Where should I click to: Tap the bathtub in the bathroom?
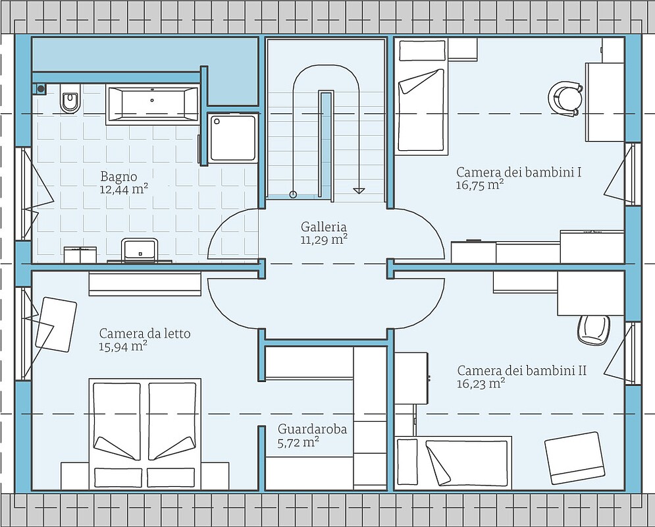(x=152, y=105)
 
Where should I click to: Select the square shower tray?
(x=232, y=138)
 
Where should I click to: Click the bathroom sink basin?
(x=140, y=250)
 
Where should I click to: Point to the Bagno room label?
(x=118, y=177)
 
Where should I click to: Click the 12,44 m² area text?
(x=124, y=190)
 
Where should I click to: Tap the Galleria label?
(x=324, y=227)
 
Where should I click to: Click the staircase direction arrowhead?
(x=358, y=190)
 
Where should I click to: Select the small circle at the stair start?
(x=293, y=194)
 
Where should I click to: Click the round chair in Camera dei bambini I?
(x=565, y=97)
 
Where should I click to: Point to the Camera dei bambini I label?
(x=519, y=172)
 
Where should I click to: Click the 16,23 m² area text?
(x=481, y=383)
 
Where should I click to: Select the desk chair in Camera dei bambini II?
(x=594, y=329)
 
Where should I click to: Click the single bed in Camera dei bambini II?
(x=454, y=462)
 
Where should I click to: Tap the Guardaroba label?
(x=312, y=430)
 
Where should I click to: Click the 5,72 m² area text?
(x=299, y=442)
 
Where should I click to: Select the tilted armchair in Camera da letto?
(x=56, y=324)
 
